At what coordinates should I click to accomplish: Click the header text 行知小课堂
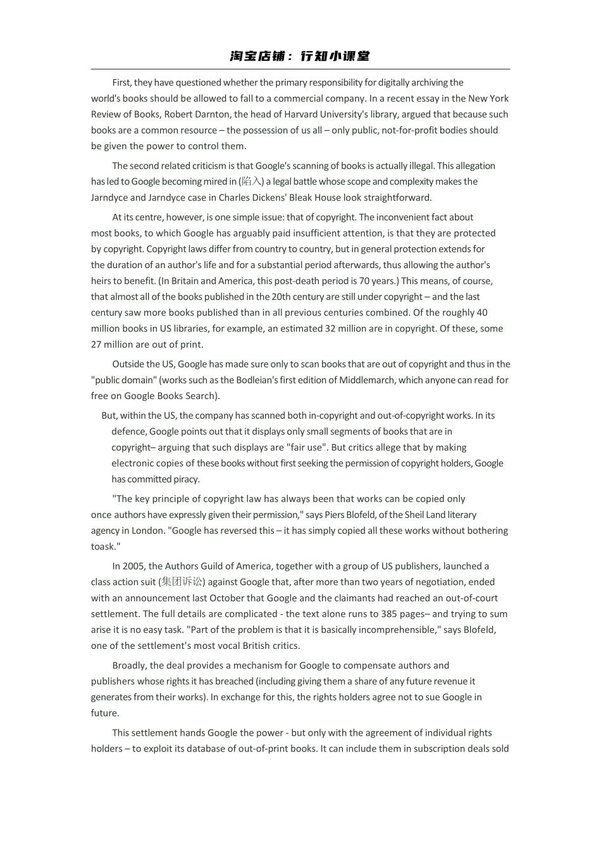pos(335,56)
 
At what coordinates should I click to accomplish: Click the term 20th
pos(282,297)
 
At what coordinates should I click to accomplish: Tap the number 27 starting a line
pos(97,345)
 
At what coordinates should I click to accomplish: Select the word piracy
pos(187,479)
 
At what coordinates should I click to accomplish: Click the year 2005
pos(133,566)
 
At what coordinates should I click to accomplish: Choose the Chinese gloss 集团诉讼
pos(182,582)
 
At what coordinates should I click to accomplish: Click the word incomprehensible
pos(397,630)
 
